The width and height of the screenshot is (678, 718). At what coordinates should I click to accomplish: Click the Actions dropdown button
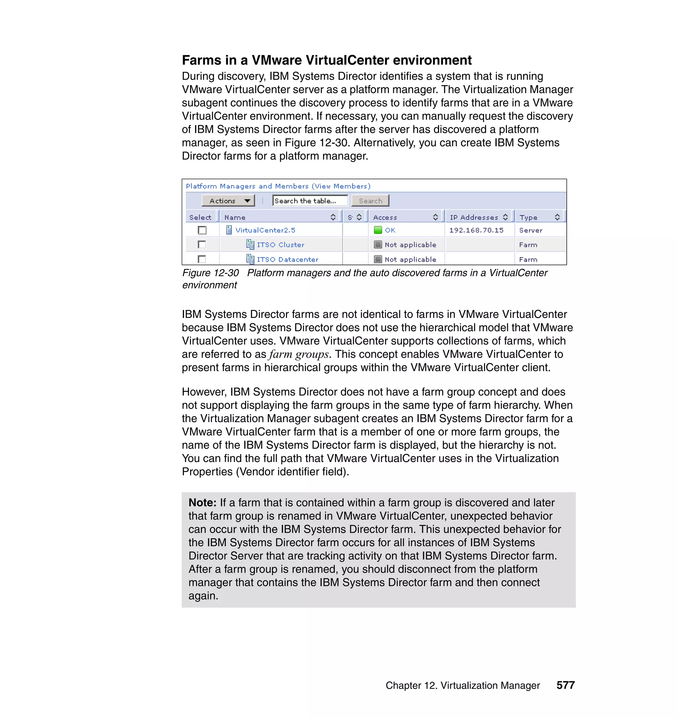(x=228, y=201)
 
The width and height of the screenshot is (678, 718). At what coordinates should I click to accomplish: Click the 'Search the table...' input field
(x=310, y=201)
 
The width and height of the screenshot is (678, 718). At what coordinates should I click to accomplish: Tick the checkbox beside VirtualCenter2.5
(x=202, y=230)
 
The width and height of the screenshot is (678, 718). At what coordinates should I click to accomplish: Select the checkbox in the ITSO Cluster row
(x=202, y=245)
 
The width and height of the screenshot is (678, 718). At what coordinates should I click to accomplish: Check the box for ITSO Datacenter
(x=202, y=259)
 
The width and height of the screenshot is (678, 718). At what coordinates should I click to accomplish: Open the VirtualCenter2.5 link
(x=265, y=230)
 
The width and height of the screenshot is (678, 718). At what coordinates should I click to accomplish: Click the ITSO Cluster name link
(x=280, y=245)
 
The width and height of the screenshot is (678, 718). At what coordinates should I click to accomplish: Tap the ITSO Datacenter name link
(x=287, y=260)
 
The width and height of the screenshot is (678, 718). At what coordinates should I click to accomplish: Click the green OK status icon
(x=378, y=230)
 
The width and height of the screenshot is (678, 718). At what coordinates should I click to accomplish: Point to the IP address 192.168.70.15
(x=476, y=230)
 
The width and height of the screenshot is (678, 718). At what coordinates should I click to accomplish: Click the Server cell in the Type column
(x=531, y=230)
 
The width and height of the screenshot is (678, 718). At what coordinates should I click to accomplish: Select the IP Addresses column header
(x=473, y=217)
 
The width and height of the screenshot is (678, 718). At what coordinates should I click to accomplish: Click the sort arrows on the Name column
(x=333, y=217)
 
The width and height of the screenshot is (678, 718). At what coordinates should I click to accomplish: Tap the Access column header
(x=385, y=217)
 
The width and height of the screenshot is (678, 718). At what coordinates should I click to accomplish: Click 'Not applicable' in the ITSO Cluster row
(x=410, y=245)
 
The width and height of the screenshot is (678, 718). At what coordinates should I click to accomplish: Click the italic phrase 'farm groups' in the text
(x=299, y=354)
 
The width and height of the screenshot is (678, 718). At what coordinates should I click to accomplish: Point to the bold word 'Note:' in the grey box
(x=202, y=502)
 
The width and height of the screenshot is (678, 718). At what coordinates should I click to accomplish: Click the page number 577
(x=565, y=685)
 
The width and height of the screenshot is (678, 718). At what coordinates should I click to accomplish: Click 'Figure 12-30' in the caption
(x=210, y=273)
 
